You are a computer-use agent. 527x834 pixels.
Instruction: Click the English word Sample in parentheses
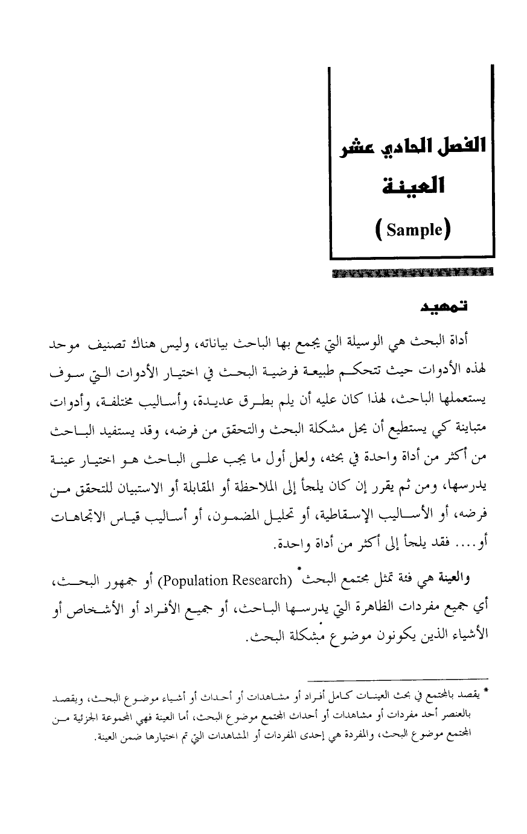point(412,231)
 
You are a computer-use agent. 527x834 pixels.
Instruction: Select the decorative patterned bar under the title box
point(412,271)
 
